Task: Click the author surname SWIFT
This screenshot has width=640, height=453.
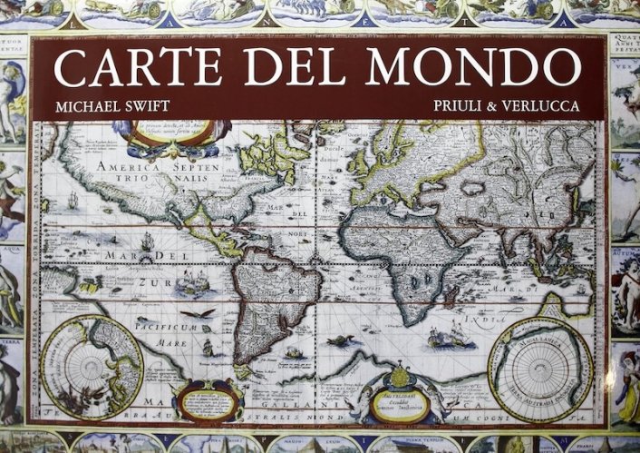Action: point(143,106)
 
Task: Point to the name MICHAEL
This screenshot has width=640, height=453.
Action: point(83,106)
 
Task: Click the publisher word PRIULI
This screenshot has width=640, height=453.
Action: point(462,106)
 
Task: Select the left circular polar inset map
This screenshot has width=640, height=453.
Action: point(92,369)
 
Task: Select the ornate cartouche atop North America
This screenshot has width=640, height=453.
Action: point(171,133)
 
